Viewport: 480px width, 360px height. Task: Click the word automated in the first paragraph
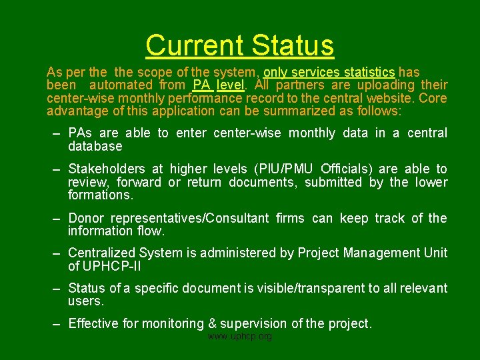121,85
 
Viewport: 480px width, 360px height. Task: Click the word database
95,146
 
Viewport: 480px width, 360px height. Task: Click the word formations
101,195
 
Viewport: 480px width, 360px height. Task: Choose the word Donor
86,218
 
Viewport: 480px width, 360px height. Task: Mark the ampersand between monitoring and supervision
213,323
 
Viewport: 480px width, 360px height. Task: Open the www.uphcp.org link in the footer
240,337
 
